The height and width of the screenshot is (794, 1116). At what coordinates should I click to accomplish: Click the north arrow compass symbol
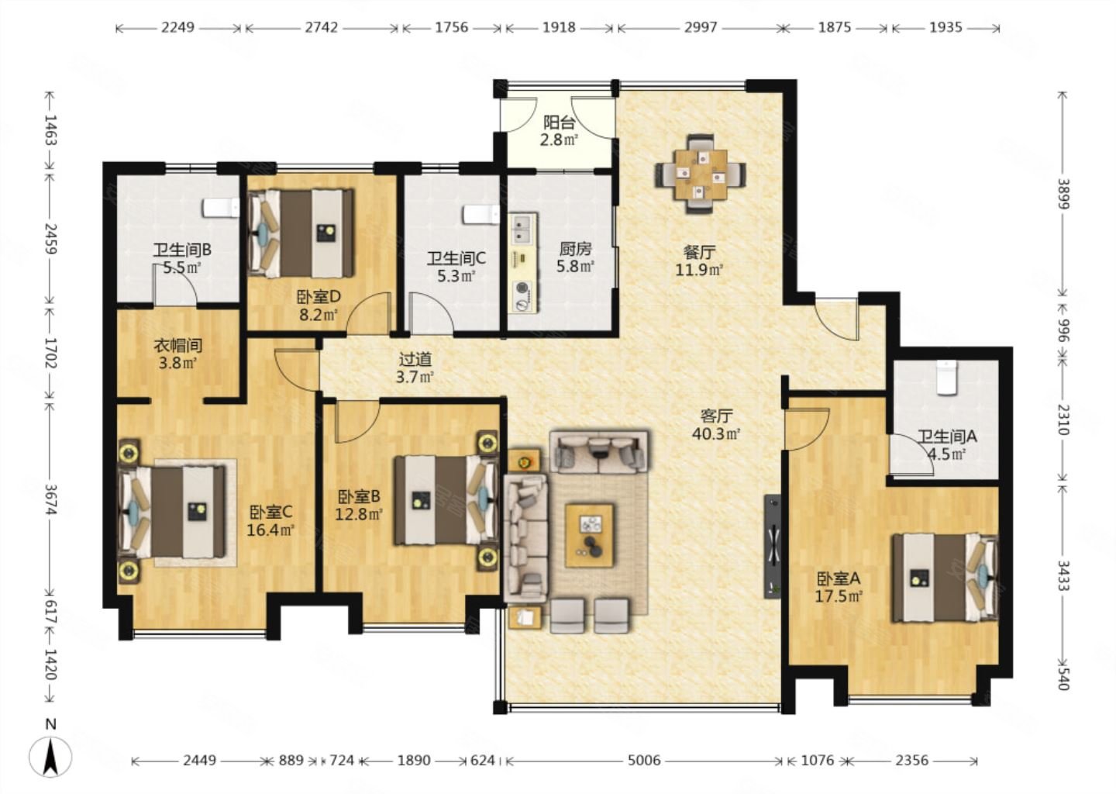click(50, 757)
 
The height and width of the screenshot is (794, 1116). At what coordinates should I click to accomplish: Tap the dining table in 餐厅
click(701, 174)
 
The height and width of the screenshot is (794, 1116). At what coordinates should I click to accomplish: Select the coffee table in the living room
click(589, 536)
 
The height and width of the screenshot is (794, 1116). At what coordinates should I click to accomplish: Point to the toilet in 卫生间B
click(221, 208)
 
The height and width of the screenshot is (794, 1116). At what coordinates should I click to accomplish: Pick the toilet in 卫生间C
click(480, 215)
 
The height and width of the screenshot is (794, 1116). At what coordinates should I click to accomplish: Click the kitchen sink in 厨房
click(522, 230)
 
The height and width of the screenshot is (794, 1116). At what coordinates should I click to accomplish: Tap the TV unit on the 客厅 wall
click(772, 547)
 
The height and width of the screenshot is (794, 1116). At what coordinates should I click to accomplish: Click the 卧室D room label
click(319, 297)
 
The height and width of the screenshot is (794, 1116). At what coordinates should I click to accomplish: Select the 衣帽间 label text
click(178, 345)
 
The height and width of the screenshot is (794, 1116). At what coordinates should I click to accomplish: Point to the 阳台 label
click(559, 122)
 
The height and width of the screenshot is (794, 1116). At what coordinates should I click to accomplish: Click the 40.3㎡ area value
click(716, 433)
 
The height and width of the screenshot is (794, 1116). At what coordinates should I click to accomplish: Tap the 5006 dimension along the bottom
click(644, 760)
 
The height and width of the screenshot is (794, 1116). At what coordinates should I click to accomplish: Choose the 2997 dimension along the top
click(700, 27)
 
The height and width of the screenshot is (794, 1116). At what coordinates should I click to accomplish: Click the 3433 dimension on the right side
click(1063, 576)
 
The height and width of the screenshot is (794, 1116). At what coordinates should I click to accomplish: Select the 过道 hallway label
click(415, 359)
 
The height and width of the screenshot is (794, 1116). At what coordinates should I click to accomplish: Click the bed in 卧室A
click(945, 578)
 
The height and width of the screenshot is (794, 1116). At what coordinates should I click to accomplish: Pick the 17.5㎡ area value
click(839, 595)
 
